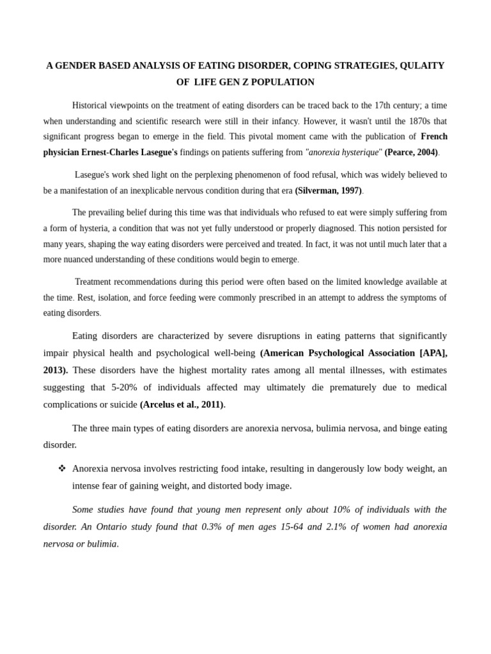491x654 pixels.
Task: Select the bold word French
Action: click(434, 137)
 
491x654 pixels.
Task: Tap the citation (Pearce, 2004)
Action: click(410, 153)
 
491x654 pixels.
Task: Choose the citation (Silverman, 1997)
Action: click(328, 190)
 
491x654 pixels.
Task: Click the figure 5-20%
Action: click(124, 388)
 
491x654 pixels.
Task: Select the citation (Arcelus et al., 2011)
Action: click(182, 405)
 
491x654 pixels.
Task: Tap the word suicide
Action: click(122, 405)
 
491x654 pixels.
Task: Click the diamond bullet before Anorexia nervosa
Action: click(62, 469)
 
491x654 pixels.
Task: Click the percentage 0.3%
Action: click(212, 527)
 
